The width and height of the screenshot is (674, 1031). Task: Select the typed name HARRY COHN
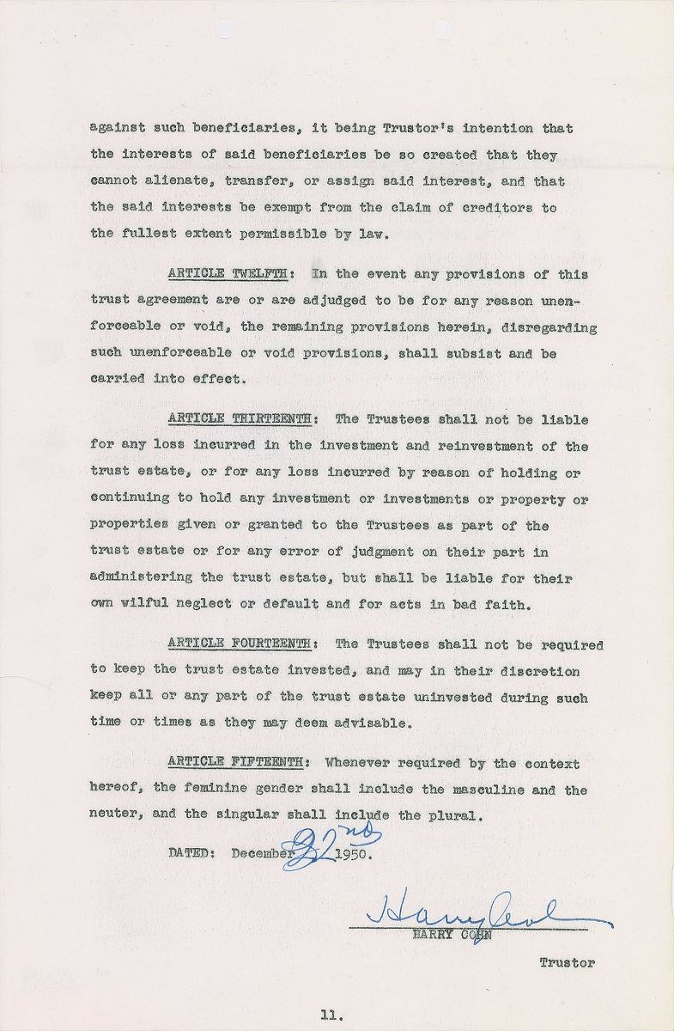click(x=462, y=936)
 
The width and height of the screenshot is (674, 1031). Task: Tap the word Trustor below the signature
click(x=567, y=963)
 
